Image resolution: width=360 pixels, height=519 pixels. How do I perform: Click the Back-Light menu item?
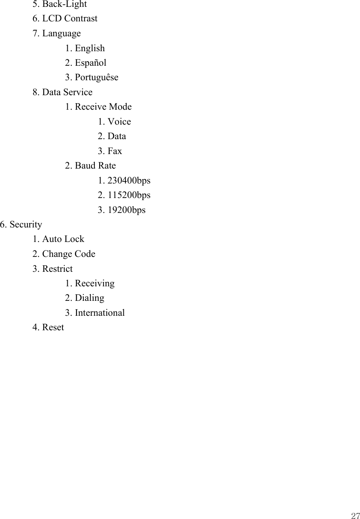pyautogui.click(x=60, y=4)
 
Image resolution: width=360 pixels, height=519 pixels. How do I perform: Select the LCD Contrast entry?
pyautogui.click(x=65, y=19)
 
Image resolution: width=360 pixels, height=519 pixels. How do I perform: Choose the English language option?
pyautogui.click(x=85, y=48)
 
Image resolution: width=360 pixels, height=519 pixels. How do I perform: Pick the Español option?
pyautogui.click(x=86, y=63)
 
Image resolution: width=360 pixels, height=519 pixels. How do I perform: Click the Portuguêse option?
pyautogui.click(x=92, y=77)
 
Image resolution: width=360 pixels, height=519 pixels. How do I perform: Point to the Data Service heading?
pyautogui.click(x=62, y=92)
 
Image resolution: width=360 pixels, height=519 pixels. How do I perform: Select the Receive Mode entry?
pyautogui.click(x=98, y=107)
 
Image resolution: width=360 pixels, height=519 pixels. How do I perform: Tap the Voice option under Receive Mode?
pyautogui.click(x=114, y=122)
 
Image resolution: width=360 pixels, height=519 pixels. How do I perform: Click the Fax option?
pyautogui.click(x=110, y=151)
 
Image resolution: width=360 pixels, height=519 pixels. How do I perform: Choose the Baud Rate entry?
pyautogui.click(x=91, y=166)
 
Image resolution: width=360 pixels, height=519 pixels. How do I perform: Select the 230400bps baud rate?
pyautogui.click(x=124, y=181)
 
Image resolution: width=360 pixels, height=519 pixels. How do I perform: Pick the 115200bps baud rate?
pyautogui.click(x=124, y=195)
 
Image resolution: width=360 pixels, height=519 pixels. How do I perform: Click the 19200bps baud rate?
pyautogui.click(x=122, y=210)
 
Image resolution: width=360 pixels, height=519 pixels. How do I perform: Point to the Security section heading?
pyautogui.click(x=21, y=225)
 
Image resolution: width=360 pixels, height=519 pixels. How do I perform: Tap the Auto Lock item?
pyautogui.click(x=58, y=239)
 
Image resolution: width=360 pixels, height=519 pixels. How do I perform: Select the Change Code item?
pyautogui.click(x=64, y=254)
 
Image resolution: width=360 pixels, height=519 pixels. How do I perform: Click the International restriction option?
pyautogui.click(x=95, y=313)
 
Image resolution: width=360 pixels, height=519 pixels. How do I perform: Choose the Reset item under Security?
pyautogui.click(x=48, y=327)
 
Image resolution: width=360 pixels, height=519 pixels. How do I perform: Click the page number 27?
pyautogui.click(x=355, y=515)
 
